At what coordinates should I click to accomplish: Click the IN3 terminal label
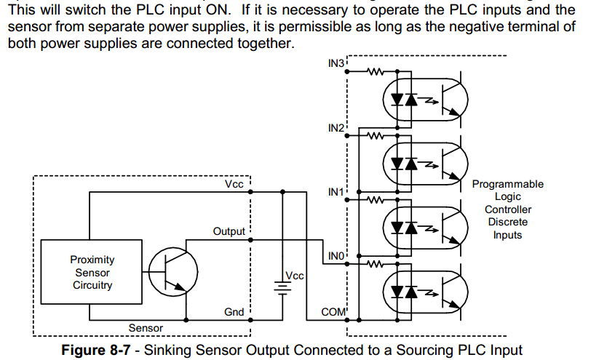tap(336, 64)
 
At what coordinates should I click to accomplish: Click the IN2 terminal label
tap(336, 128)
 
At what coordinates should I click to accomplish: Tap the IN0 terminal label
tap(336, 256)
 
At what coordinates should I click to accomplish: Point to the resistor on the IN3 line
tap(377, 72)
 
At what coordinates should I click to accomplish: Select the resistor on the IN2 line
tap(377, 136)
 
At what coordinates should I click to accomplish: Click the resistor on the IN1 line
tap(377, 199)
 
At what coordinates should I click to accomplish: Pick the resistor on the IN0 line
tap(377, 263)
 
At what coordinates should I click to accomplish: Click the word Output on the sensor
tap(229, 231)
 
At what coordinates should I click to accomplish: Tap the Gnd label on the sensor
tap(234, 312)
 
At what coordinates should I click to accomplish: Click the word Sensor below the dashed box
tap(146, 328)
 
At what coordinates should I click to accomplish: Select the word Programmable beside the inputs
tap(507, 185)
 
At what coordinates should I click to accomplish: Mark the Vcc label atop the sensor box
tap(234, 185)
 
